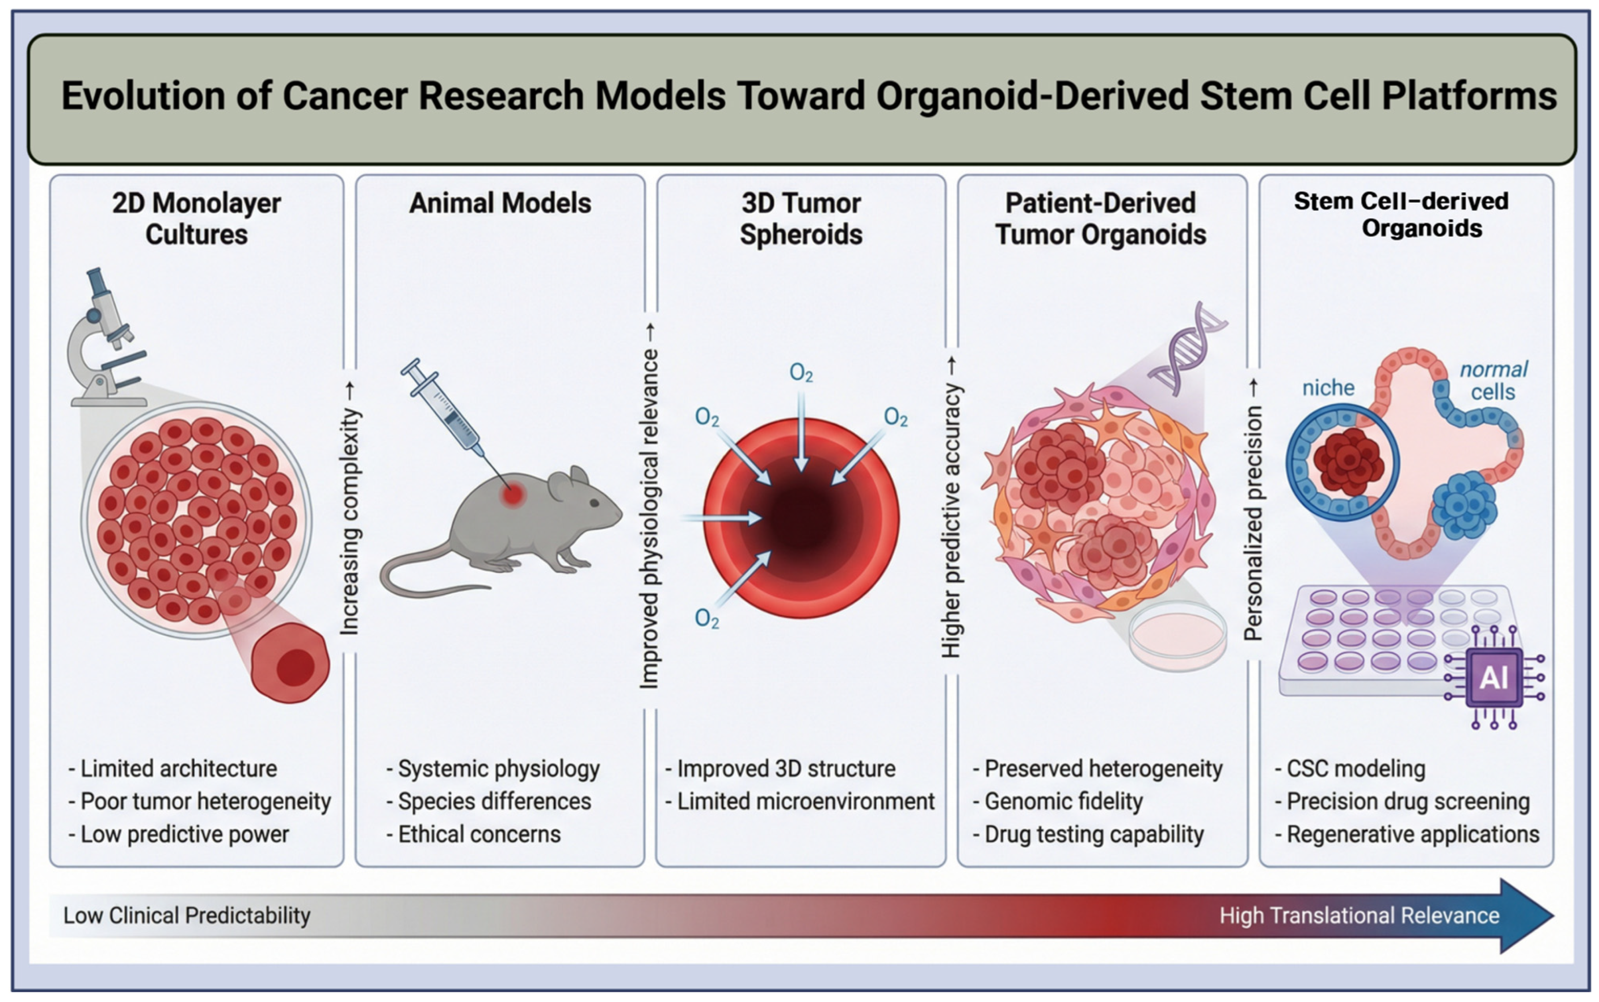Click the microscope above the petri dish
click(106, 338)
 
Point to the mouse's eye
click(594, 503)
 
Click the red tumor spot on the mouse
click(512, 494)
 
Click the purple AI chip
click(1494, 677)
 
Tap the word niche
click(1328, 388)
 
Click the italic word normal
click(1494, 369)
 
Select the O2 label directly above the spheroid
click(801, 373)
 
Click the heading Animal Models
click(500, 204)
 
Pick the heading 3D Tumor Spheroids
click(801, 219)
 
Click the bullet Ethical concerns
click(478, 834)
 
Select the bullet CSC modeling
click(1355, 769)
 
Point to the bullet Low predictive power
click(184, 834)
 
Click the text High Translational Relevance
click(1359, 916)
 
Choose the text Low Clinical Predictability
click(187, 916)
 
